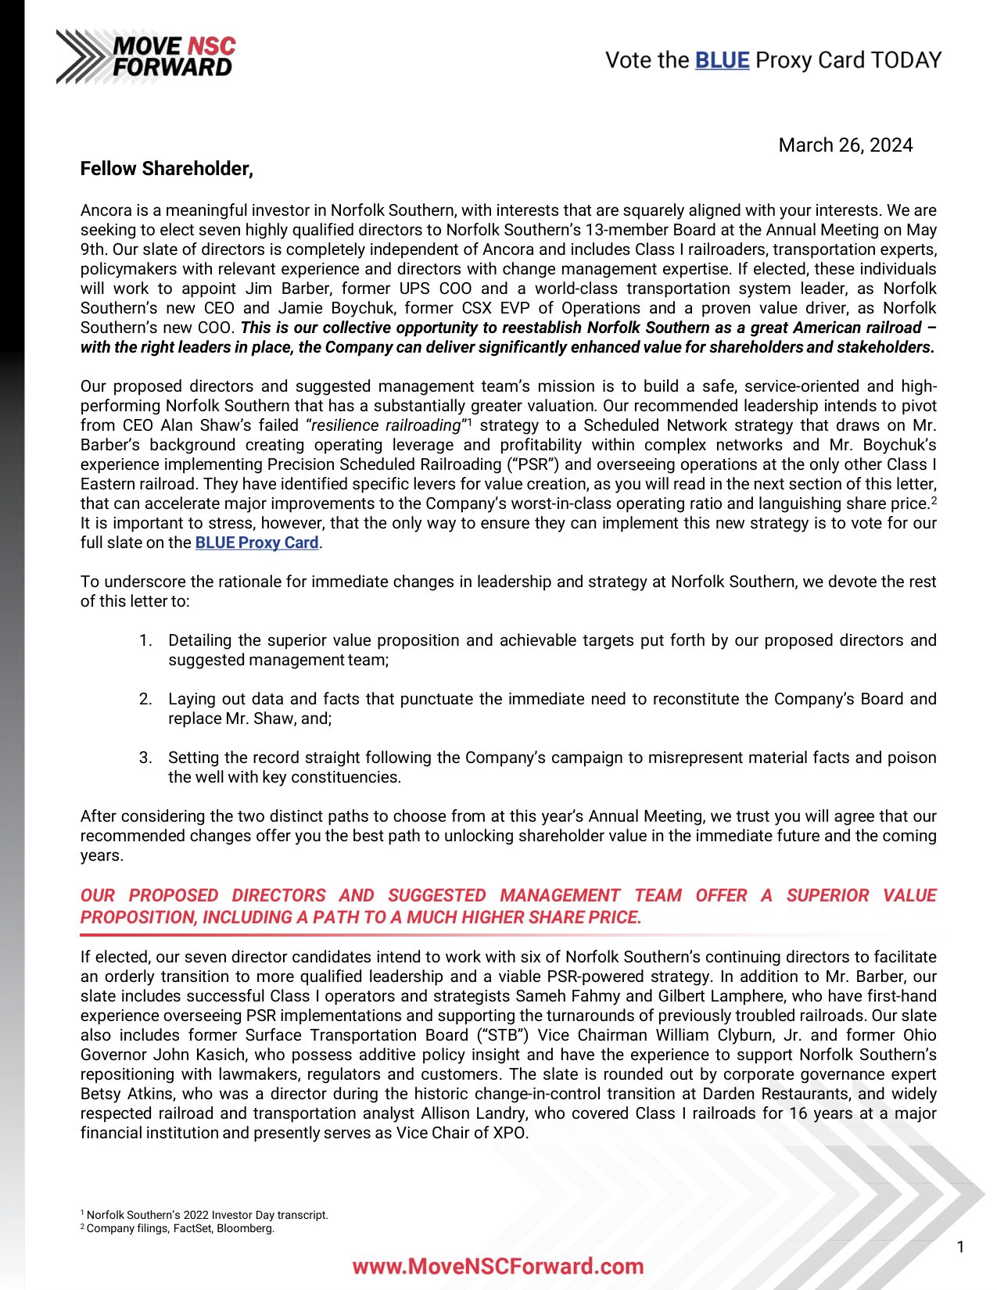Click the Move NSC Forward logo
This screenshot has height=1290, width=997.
(x=146, y=56)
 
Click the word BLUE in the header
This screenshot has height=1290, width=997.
(x=722, y=60)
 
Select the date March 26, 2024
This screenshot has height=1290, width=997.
(x=845, y=145)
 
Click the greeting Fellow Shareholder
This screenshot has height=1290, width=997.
(x=167, y=169)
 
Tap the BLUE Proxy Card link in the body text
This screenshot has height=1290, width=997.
(x=256, y=543)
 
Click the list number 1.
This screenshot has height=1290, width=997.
(x=145, y=640)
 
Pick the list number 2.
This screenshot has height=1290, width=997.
(x=145, y=699)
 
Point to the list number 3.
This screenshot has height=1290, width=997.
(x=145, y=758)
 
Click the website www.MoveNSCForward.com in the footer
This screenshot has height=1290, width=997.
(x=498, y=1267)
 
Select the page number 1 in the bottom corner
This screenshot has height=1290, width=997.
(x=960, y=1247)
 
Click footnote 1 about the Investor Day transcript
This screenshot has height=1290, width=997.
(x=205, y=1215)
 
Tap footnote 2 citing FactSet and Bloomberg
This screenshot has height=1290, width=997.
(x=178, y=1228)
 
